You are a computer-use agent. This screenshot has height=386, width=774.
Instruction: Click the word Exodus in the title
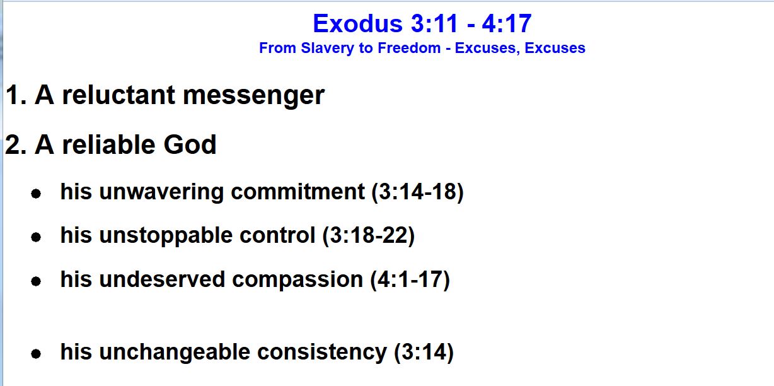pos(357,23)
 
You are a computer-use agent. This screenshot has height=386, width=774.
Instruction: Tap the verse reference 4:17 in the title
pos(507,23)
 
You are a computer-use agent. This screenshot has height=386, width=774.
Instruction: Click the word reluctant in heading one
pos(118,95)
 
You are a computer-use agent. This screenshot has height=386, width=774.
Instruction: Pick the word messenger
pos(253,96)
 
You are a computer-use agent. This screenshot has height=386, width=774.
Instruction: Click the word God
pos(190,144)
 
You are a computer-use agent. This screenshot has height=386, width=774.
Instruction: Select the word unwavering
pos(161,192)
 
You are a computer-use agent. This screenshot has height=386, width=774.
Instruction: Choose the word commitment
pos(297,192)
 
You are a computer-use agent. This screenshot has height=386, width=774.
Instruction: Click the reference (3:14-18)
pos(417,192)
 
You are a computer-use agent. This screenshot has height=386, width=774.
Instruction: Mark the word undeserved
pos(162,279)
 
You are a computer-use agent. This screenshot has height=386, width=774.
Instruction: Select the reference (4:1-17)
pos(410,280)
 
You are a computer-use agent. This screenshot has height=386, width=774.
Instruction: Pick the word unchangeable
pos(175,353)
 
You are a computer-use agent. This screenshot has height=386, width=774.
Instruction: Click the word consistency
pos(321,353)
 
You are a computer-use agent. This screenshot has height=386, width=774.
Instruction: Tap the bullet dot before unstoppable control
pos(36,237)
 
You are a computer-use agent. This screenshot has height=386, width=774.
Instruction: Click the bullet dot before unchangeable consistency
pos(36,354)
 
